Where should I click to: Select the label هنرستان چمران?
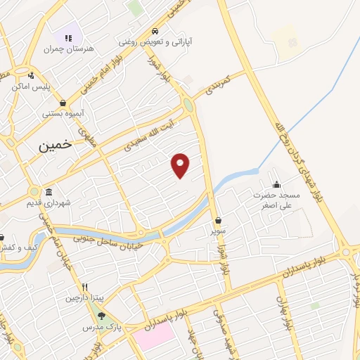coord(68,49)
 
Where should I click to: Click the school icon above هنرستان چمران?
coord(68,37)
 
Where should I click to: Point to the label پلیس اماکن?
coord(30,87)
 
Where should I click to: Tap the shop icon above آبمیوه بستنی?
coord(63,103)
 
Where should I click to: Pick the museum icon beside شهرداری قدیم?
coord(49,192)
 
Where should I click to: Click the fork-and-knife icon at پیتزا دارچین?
coord(84,287)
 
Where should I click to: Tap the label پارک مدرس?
coord(102,328)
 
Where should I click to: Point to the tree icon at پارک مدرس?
coord(102,316)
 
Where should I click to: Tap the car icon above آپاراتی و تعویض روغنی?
coord(154,32)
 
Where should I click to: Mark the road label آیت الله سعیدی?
coord(148,133)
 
